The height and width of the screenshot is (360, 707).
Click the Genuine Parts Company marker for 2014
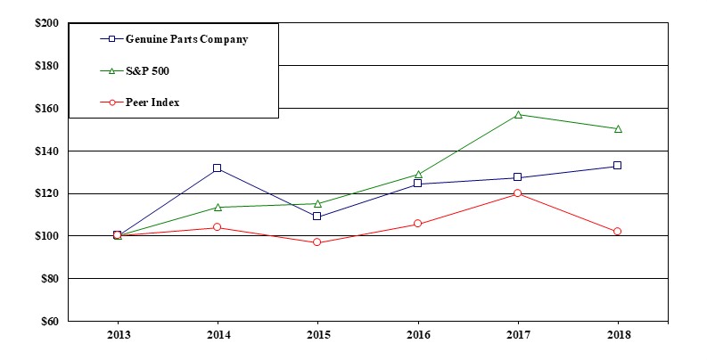pos(217,168)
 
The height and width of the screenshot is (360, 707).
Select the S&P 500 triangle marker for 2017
pos(518,114)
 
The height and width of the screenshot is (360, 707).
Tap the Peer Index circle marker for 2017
pos(518,193)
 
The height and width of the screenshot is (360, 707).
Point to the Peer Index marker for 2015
pos(317,242)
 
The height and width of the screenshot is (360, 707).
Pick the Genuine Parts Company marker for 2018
pos(617,166)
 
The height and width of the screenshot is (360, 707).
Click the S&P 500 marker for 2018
pos(617,128)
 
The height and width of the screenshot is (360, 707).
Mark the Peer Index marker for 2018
pos(617,232)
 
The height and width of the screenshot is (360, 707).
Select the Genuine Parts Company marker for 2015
pos(317,217)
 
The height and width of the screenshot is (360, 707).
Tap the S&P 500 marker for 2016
pos(418,175)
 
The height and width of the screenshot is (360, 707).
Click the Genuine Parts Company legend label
pos(186,39)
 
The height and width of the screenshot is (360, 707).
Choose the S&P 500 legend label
pos(147,71)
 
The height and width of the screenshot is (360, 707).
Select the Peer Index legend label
pos(152,102)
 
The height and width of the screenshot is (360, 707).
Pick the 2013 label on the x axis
pos(117,335)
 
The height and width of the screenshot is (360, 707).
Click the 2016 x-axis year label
pos(418,335)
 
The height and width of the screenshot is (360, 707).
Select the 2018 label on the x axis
pos(617,335)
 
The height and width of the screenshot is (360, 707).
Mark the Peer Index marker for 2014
pos(217,227)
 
